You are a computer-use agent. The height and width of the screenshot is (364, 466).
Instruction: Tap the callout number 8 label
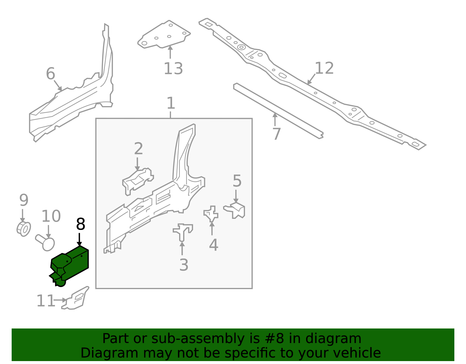81,224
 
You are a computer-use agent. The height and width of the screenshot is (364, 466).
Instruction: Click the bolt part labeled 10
45,243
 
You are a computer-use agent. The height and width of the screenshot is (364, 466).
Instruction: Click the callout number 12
324,68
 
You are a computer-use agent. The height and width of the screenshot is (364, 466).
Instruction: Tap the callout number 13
173,69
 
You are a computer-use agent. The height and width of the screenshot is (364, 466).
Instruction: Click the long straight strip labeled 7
278,111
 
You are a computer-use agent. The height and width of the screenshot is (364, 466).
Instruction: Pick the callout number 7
277,134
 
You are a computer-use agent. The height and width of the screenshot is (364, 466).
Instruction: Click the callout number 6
51,73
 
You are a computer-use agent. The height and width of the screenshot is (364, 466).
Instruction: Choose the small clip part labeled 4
211,214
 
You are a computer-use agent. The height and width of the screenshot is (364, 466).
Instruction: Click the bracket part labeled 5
234,210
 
